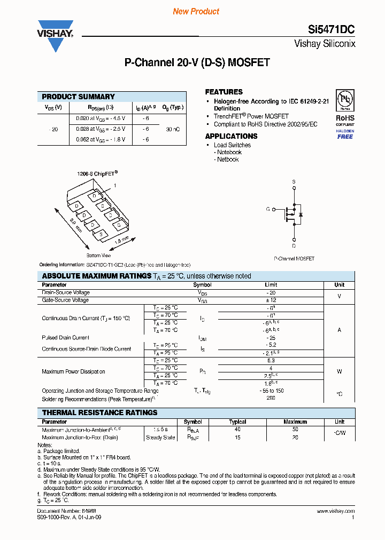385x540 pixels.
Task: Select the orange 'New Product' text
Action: pos(196,11)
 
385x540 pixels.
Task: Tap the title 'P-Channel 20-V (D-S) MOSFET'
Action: pos(197,62)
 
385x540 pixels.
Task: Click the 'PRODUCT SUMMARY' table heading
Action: pos(78,97)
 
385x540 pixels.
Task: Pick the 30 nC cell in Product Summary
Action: pos(173,129)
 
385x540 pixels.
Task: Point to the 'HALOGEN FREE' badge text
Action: pos(345,134)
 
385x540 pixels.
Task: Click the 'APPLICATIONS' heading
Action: pos(231,136)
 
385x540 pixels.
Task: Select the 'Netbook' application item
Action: pos(228,160)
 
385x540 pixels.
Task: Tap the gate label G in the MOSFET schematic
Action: pos(267,209)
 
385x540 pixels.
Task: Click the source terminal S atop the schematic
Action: pos(293,182)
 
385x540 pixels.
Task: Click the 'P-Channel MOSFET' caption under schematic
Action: pos(294,258)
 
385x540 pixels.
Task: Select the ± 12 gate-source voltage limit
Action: pos(271,300)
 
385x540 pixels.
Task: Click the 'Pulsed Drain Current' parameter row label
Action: pos(65,338)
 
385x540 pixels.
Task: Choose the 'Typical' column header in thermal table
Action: pos(237,422)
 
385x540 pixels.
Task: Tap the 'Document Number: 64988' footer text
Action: pos(59,511)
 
